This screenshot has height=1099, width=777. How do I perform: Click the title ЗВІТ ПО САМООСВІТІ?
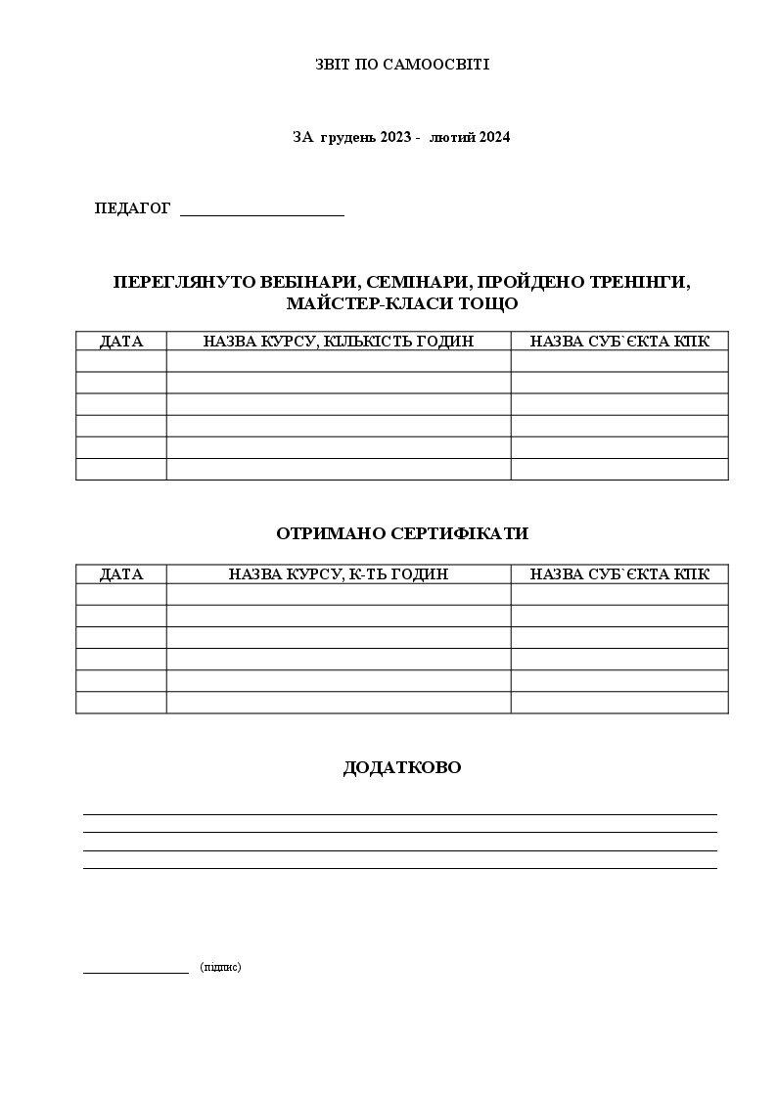point(401,65)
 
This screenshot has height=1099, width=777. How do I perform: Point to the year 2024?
point(494,137)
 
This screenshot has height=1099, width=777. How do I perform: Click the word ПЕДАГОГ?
point(132,208)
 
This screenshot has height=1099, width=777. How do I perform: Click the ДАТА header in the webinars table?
point(121,342)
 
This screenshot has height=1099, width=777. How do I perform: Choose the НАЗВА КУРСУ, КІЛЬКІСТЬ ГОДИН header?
point(339,342)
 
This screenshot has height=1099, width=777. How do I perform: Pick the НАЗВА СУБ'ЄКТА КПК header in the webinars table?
point(619,342)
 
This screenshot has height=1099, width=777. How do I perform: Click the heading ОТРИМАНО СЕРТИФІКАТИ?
point(402,533)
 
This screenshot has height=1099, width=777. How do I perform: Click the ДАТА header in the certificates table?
point(121,574)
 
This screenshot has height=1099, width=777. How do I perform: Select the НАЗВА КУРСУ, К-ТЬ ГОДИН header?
point(339,574)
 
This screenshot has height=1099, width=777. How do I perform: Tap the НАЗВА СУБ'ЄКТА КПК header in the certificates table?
point(619,574)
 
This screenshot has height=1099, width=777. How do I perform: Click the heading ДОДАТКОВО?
point(402,767)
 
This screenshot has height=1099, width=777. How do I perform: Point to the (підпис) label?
point(220,967)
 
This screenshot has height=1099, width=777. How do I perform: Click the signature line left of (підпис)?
point(136,972)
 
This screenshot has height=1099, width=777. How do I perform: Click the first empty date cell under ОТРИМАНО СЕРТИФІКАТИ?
point(121,594)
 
